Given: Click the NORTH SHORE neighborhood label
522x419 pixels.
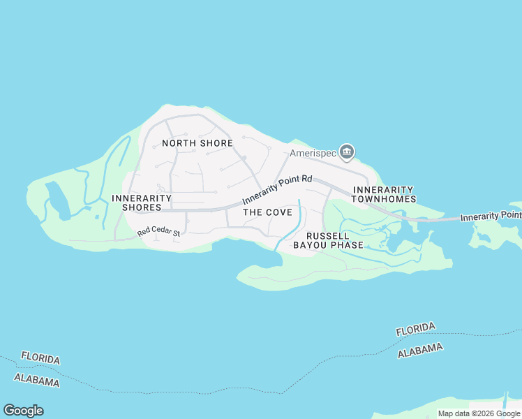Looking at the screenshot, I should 197,143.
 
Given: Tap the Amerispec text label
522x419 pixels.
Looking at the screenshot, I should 313,153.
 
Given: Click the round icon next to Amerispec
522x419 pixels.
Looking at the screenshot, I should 347,152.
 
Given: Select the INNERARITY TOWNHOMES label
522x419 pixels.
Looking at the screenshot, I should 383,194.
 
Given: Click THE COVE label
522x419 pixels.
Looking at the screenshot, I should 267,212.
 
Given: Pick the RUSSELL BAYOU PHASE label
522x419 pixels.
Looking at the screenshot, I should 328,240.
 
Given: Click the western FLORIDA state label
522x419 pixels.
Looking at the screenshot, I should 40,358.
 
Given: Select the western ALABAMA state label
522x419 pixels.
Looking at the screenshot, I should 36,381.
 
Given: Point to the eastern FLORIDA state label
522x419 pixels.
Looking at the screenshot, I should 415,329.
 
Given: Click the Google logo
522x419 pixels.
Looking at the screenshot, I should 23,411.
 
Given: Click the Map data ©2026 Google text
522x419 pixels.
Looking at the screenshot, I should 479,413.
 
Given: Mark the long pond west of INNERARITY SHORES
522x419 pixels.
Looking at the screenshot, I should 55,200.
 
